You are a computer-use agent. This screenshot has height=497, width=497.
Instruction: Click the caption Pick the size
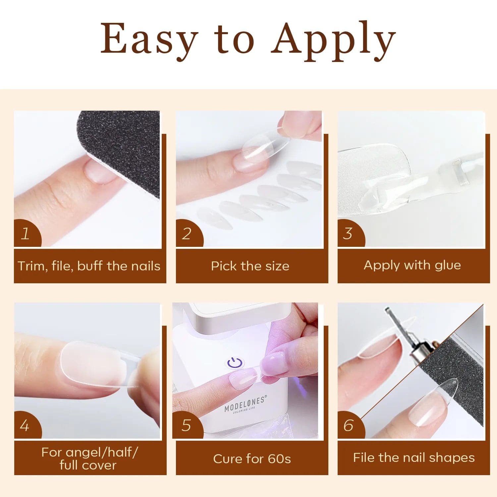pos(250,266)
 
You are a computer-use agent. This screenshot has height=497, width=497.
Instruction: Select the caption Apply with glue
pos(413,265)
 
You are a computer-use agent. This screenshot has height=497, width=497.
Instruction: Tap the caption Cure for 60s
pos(252,459)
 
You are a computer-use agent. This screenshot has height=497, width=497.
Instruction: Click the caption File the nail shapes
pos(414,458)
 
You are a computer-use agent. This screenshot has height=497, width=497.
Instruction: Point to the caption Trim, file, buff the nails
pos(89,266)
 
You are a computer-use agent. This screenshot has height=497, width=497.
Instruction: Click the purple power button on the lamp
pos(235,363)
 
